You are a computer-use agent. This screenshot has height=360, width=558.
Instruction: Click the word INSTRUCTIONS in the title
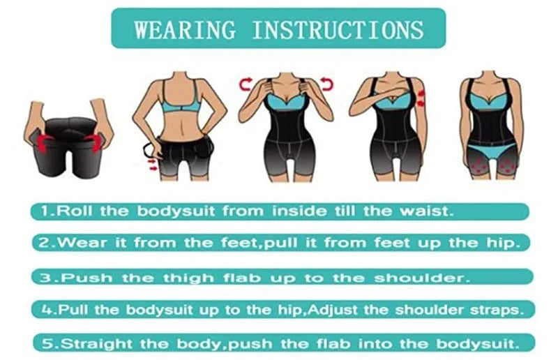(x=338, y=29)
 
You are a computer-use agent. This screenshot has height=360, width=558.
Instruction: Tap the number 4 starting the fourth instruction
(x=41, y=308)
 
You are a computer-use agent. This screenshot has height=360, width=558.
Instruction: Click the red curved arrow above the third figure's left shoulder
(x=245, y=84)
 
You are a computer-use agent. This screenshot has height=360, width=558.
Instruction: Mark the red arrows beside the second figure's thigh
(x=153, y=163)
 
